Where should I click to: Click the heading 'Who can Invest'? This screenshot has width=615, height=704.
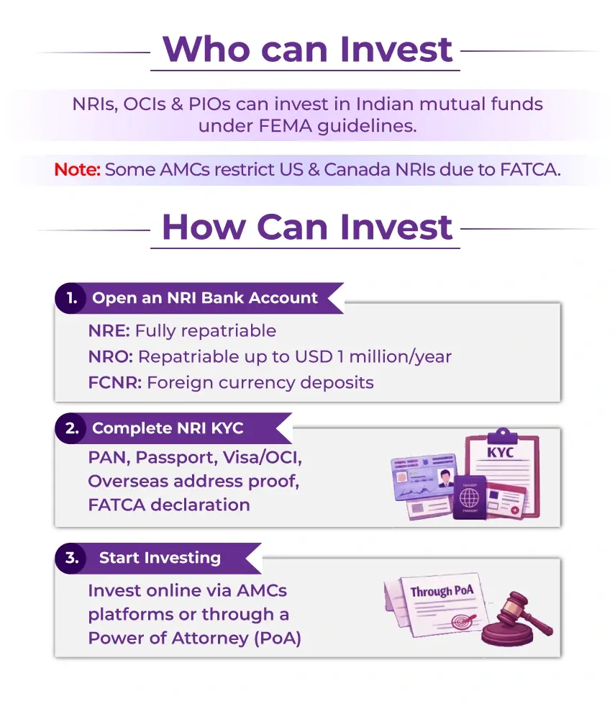tap(307, 49)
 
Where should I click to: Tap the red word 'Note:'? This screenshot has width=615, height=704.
tap(77, 171)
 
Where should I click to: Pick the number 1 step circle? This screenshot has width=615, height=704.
tap(70, 298)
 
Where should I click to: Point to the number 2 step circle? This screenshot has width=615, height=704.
tap(71, 428)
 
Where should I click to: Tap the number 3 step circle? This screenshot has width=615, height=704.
tap(70, 558)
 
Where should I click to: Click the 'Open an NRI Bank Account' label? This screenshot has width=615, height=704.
tap(205, 298)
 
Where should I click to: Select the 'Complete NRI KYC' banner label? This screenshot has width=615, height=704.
tap(168, 428)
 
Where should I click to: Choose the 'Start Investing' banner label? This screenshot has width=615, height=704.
tap(160, 558)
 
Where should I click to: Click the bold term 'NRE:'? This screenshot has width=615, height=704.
tap(109, 331)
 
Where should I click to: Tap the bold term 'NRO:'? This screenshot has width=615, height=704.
tap(110, 357)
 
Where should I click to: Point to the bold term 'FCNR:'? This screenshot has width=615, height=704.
tap(114, 382)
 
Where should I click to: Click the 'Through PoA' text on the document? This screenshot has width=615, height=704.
tap(442, 592)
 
